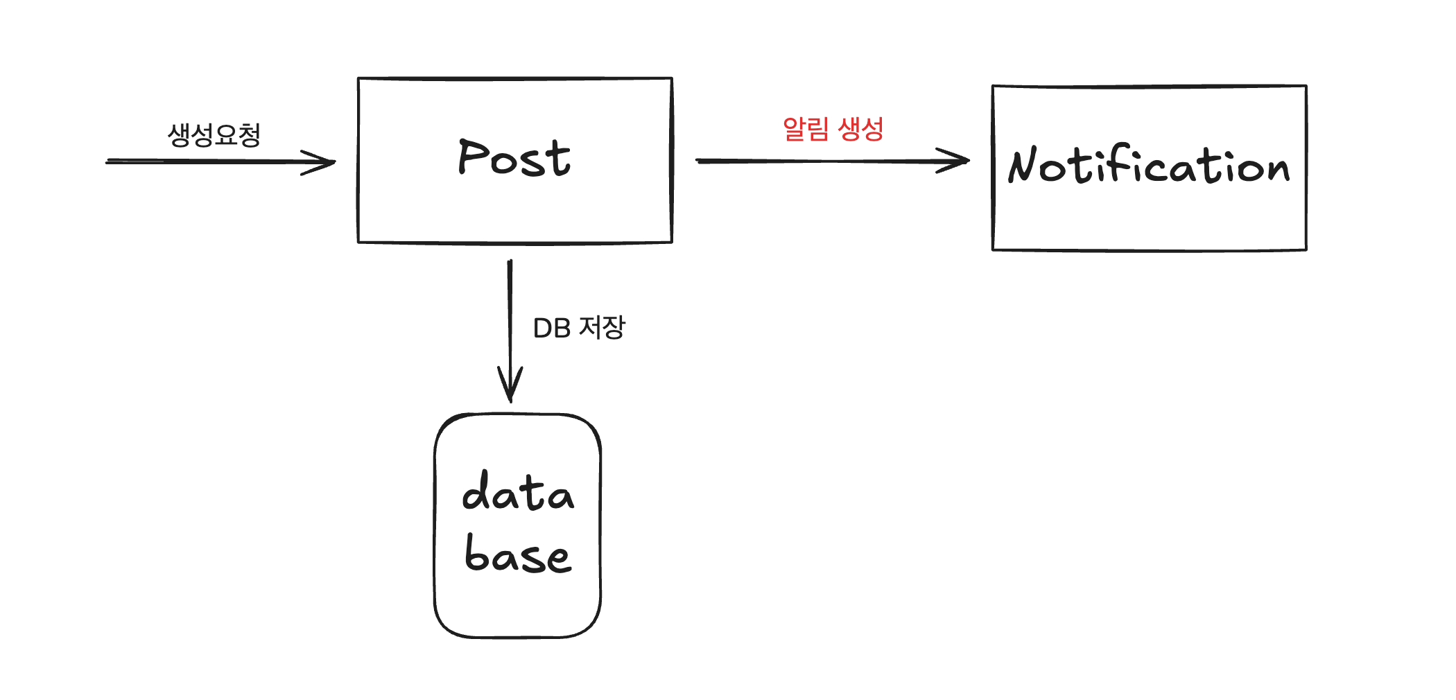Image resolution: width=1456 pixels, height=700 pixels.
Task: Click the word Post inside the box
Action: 514,159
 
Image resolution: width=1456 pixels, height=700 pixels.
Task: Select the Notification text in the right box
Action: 1149,167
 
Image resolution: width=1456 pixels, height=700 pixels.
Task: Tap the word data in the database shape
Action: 518,492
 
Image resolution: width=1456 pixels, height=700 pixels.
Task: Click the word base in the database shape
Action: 518,555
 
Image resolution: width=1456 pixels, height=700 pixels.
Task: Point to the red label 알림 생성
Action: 833,129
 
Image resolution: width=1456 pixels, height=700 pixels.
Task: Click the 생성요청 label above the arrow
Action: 214,134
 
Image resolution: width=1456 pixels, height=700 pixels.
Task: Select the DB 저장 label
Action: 579,328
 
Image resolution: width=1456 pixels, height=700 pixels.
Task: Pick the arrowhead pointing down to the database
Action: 510,388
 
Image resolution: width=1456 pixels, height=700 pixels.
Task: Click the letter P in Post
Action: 471,157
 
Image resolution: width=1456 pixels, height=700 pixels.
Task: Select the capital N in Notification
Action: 1023,166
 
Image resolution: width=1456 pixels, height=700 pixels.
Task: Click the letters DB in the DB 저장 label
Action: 552,329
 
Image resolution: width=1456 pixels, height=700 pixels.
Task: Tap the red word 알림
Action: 806,129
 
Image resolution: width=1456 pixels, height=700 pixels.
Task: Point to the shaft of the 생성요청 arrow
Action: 208,162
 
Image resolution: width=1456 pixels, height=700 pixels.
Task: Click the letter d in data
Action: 476,491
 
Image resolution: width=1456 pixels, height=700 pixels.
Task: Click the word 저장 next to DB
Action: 602,327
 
